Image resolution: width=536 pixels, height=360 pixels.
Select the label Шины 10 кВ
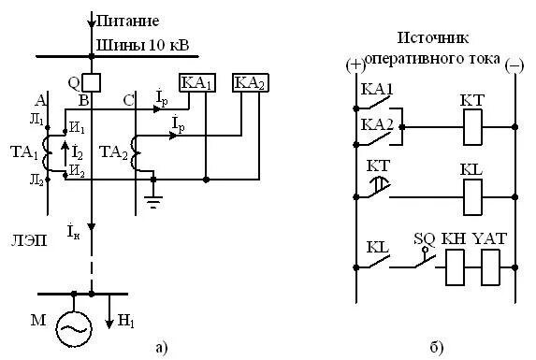point(134,45)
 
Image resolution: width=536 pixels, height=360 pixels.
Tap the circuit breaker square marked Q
point(91,80)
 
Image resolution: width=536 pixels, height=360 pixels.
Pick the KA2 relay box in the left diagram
point(249,82)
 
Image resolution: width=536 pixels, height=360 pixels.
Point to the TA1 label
point(24,151)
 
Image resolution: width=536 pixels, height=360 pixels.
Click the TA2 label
point(113,151)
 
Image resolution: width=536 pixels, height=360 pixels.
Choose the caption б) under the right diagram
point(437,348)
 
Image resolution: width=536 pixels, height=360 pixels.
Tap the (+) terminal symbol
point(355,65)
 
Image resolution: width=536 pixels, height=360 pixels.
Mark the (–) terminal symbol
point(514,65)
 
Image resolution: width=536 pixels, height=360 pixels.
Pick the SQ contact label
point(426,238)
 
